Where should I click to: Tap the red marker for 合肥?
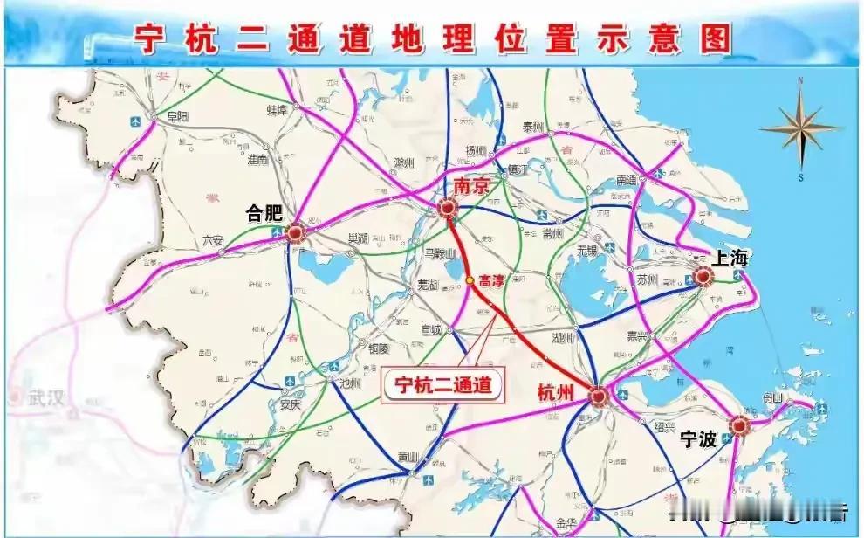295,232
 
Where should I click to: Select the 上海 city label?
730,258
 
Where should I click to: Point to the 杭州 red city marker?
599,397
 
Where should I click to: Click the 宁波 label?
699,439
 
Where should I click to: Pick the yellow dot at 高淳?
470,280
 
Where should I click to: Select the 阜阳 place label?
177,115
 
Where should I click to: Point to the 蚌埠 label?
277,111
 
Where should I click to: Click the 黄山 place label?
408,456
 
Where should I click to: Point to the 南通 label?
627,179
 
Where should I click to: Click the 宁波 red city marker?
741,425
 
